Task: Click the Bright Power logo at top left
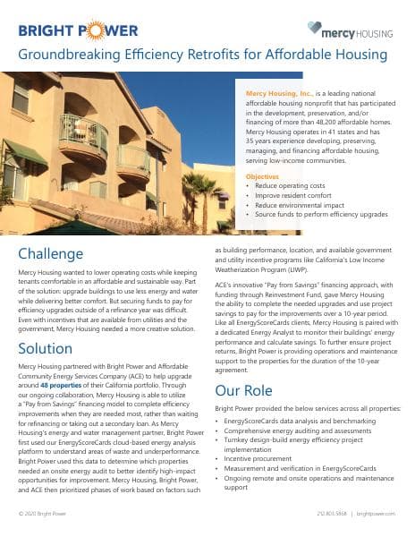point(79,31)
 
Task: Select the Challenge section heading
point(51,253)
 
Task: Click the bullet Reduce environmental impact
point(297,206)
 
